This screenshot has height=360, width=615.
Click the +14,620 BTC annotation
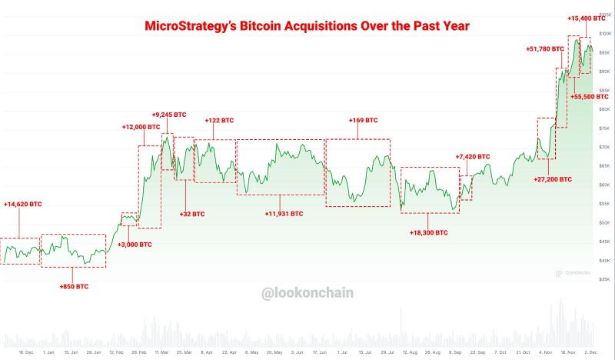pos(23,205)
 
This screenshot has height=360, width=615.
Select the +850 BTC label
pos(74,286)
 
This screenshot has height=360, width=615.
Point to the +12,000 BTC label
pos(141,127)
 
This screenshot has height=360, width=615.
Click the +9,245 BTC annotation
pos(169,115)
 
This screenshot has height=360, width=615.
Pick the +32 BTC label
pos(192,214)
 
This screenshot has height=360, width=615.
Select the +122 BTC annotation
pos(219,121)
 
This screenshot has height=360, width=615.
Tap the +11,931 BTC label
pos(284,214)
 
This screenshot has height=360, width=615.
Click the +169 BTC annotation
pos(363,121)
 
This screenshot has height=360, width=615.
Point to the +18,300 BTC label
pos(429,232)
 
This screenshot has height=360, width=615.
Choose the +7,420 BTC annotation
pos(473,156)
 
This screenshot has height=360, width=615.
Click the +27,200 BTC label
pos(553,178)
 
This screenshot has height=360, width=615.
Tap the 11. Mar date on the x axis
pos(162,352)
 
